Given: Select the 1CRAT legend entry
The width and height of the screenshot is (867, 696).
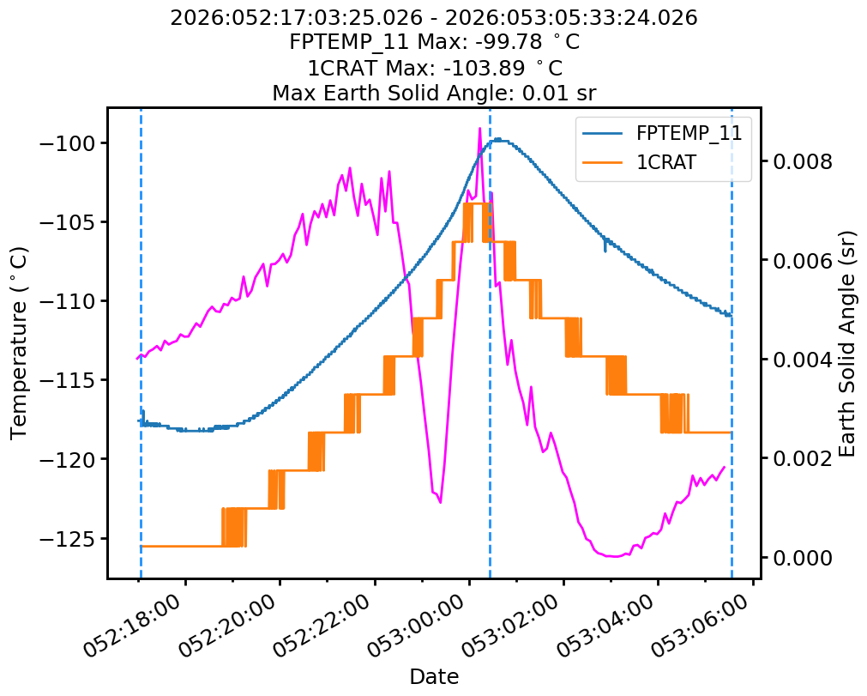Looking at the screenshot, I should [665, 163].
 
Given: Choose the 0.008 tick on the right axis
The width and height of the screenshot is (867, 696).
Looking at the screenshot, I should [803, 161].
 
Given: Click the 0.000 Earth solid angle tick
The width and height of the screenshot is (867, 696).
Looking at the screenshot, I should [803, 558].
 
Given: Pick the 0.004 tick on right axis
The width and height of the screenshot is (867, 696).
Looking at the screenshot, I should [803, 360].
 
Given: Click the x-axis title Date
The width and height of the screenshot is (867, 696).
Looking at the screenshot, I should [434, 676].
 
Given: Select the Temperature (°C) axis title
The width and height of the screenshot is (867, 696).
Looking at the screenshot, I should [19, 342].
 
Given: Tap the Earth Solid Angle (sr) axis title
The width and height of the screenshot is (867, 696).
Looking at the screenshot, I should [847, 342].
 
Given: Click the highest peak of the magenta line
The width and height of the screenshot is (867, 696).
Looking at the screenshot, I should [479, 128].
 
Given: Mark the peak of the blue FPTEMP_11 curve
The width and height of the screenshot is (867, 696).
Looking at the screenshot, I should [497, 139].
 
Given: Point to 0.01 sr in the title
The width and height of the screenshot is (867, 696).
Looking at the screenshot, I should [558, 92].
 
